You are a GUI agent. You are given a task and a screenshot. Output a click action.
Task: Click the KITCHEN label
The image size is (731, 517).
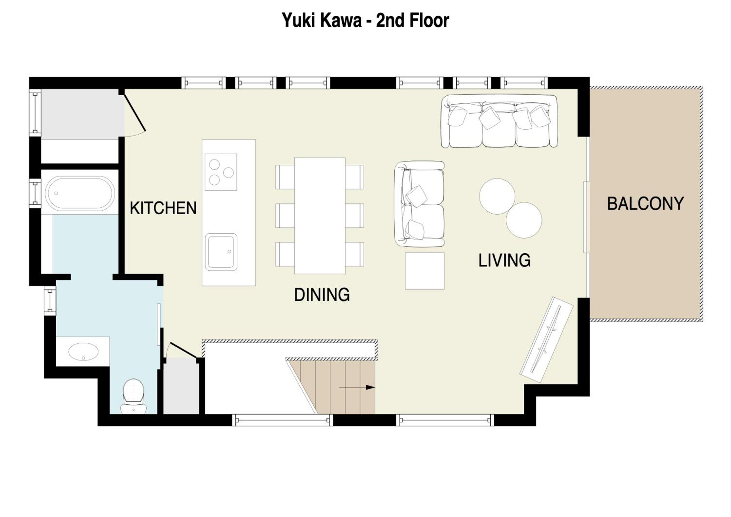coord(163,208)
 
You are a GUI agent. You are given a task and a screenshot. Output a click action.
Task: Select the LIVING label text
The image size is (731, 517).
coord(504,260)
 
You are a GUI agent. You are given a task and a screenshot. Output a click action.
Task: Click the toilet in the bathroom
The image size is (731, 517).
coord(133,396)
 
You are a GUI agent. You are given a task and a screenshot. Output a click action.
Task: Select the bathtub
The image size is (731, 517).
coord(80,193)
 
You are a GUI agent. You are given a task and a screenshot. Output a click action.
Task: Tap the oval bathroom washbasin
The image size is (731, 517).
coord(83,352)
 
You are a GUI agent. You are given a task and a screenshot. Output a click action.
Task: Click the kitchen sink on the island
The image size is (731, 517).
coord(221,252)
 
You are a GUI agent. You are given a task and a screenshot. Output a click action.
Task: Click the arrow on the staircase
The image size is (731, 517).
coord(357,387)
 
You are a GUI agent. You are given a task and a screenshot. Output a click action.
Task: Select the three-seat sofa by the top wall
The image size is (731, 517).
coord(499,121)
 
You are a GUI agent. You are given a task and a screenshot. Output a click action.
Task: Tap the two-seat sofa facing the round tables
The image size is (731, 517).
coord(419,204)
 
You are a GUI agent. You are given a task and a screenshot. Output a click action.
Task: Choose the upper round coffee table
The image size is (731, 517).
coord(497,196)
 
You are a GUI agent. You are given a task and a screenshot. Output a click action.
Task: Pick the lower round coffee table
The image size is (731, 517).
coord(524,220)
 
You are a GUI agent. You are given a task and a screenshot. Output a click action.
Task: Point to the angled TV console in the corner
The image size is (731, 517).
coord(546,339)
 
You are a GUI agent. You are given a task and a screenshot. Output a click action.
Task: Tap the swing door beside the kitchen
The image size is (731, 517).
coord(135,113)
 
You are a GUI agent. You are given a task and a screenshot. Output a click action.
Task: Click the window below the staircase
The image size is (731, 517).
coord(282,420)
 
